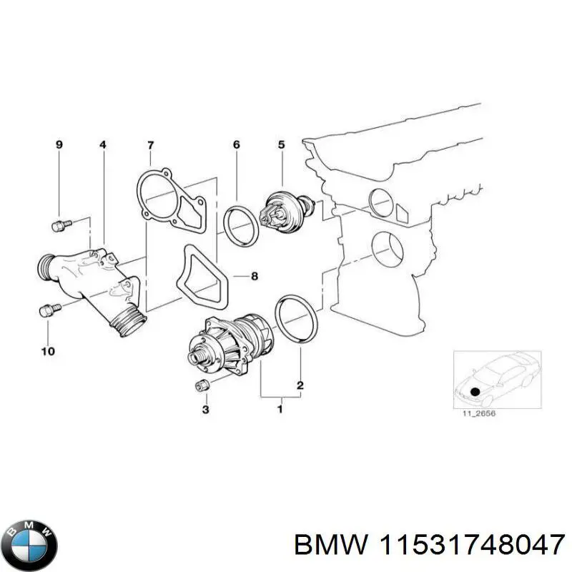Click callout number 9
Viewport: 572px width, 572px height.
59,145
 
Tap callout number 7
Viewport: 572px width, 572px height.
150,145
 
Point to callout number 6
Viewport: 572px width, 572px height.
236,145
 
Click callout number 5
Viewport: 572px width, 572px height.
281,145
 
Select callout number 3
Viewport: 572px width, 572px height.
205,409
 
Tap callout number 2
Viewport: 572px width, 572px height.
300,386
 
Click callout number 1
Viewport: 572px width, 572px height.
280,409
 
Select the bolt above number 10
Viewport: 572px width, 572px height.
48,311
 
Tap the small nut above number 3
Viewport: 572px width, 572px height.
202,386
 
